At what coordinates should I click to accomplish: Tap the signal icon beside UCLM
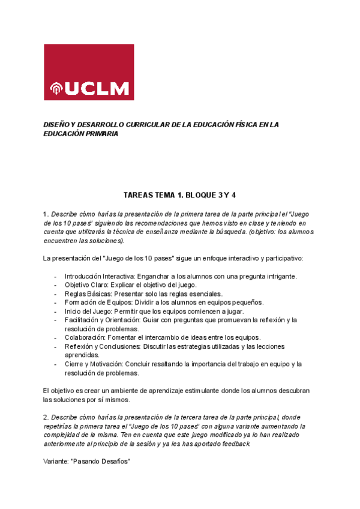56,89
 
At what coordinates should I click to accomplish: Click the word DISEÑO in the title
57,124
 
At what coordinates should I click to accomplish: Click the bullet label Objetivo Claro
86,285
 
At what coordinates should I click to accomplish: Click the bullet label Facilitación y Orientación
103,320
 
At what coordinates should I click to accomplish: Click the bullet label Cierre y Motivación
94,364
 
